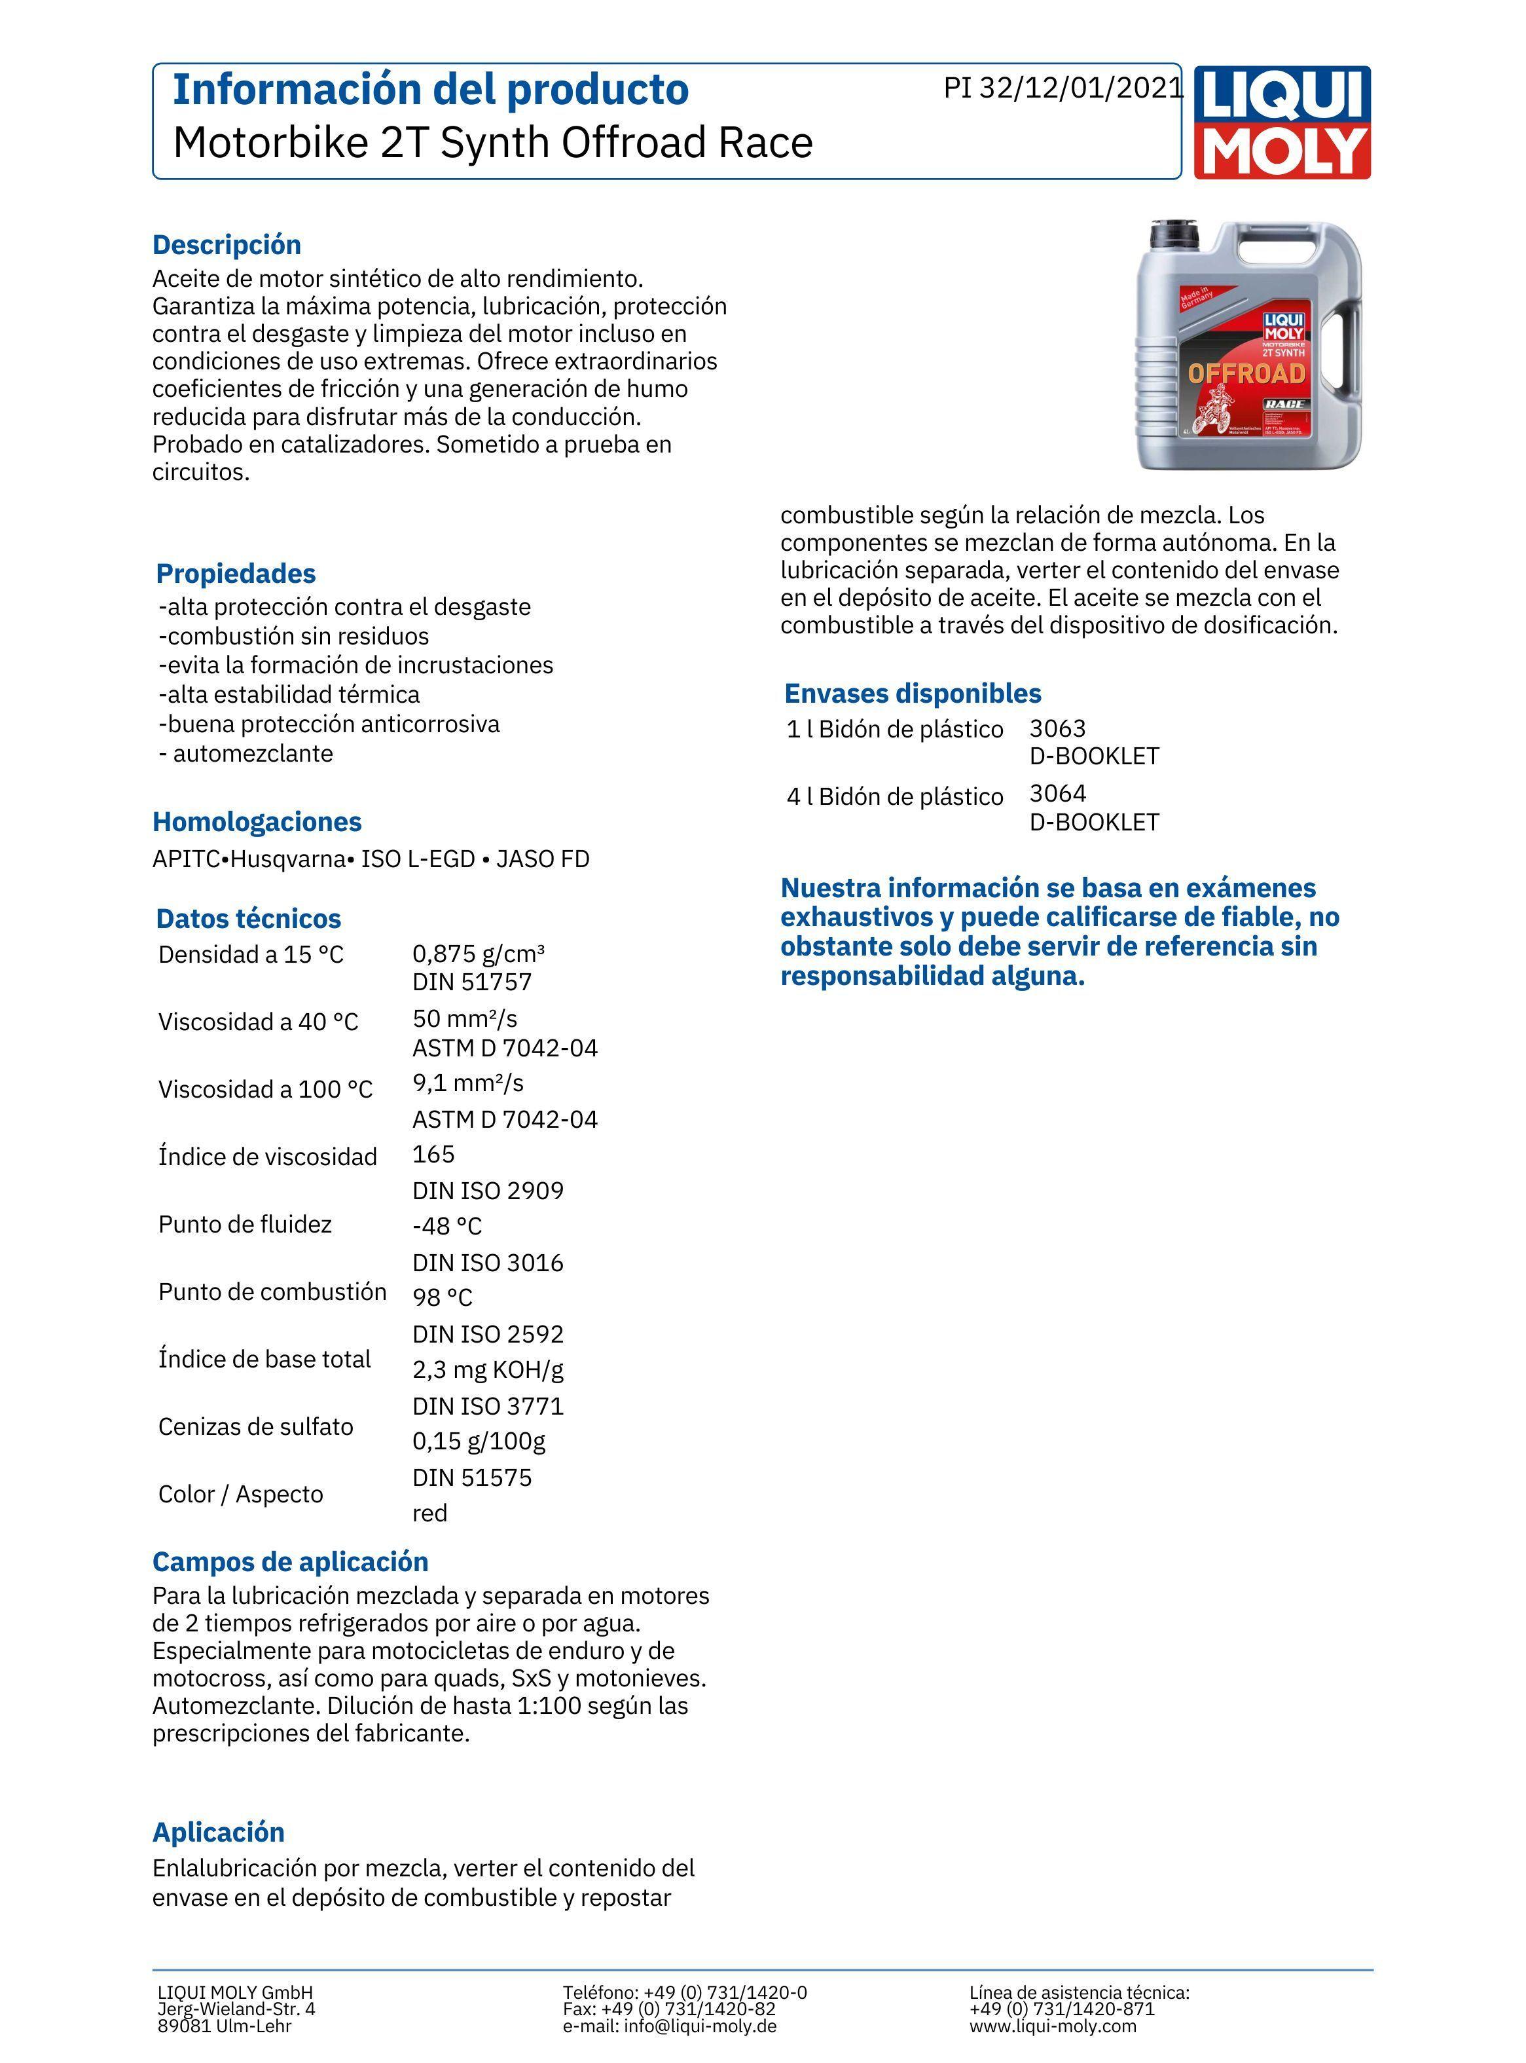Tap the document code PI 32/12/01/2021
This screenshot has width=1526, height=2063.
[x=1063, y=88]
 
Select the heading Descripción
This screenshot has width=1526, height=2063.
[x=227, y=245]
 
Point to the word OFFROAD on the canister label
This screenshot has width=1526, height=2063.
[x=1246, y=373]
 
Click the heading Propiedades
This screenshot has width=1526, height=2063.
[x=236, y=574]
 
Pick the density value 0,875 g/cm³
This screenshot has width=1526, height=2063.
[x=479, y=954]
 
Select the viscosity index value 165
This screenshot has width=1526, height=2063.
[x=433, y=1155]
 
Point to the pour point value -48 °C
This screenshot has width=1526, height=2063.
[x=447, y=1227]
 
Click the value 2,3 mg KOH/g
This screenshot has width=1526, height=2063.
[x=488, y=1370]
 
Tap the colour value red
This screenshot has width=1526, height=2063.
[x=429, y=1514]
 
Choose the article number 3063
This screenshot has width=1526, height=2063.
[x=1058, y=729]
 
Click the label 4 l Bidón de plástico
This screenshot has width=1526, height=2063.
[x=894, y=797]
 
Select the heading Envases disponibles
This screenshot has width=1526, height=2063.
[x=912, y=694]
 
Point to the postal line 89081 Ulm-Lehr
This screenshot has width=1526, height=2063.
[x=225, y=2026]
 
